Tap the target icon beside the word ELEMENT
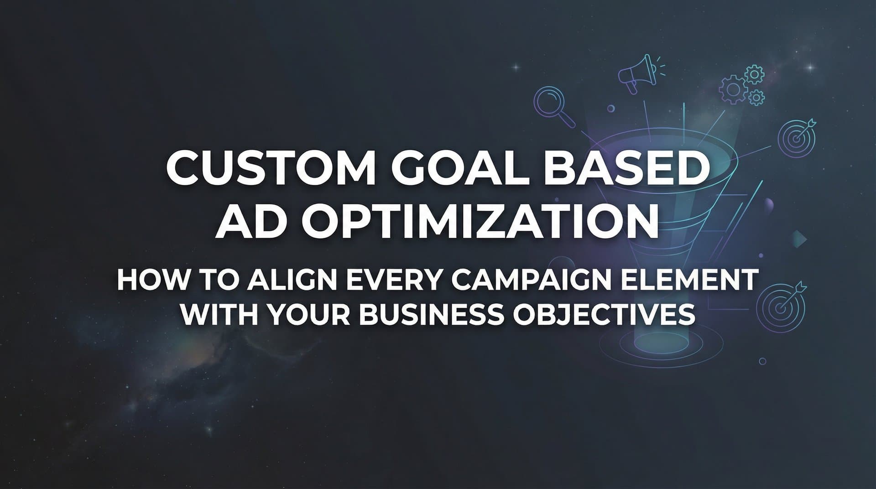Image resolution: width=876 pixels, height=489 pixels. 780,304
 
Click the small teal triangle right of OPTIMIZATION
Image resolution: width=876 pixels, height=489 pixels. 800,239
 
